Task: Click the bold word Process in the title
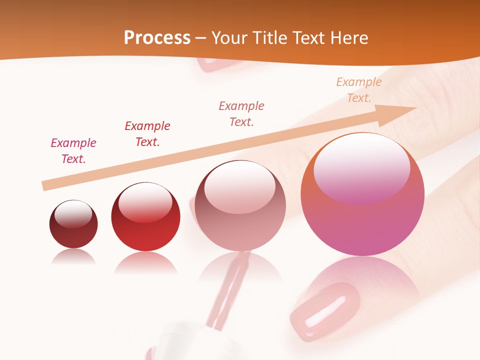coord(157,38)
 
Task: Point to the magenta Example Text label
coord(73,151)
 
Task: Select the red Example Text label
coord(147,134)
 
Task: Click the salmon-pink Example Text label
coord(241,113)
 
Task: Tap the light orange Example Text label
coord(359,90)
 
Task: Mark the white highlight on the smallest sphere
coord(73,214)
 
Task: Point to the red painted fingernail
coord(325,310)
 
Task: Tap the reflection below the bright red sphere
coord(145,262)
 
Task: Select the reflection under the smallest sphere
coord(73,256)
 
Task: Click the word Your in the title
coord(231,38)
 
